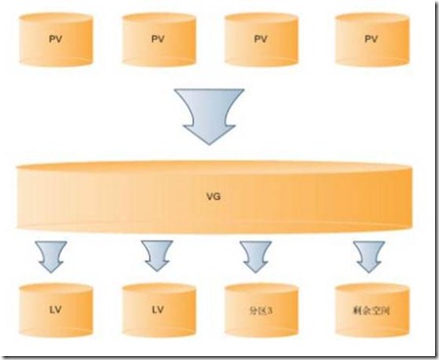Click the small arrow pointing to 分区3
pyautogui.click(x=258, y=255)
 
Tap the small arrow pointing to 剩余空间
pyautogui.click(x=371, y=255)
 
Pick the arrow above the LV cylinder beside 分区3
pyautogui.click(x=156, y=255)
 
